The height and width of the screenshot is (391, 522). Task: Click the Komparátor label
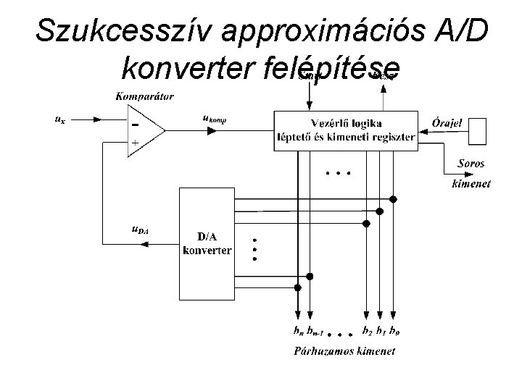144,96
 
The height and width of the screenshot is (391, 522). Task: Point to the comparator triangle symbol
145,130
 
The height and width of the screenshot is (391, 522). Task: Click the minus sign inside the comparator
135,122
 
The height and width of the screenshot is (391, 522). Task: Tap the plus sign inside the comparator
135,143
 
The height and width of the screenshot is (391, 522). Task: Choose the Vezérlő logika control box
346,130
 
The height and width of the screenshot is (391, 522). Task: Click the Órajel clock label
447,122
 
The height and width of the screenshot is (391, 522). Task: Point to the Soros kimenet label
471,174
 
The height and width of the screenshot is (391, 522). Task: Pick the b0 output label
394,332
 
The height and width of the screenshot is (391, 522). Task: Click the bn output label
297,332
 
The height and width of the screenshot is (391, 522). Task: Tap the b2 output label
367,332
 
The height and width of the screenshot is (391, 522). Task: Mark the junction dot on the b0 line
393,198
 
